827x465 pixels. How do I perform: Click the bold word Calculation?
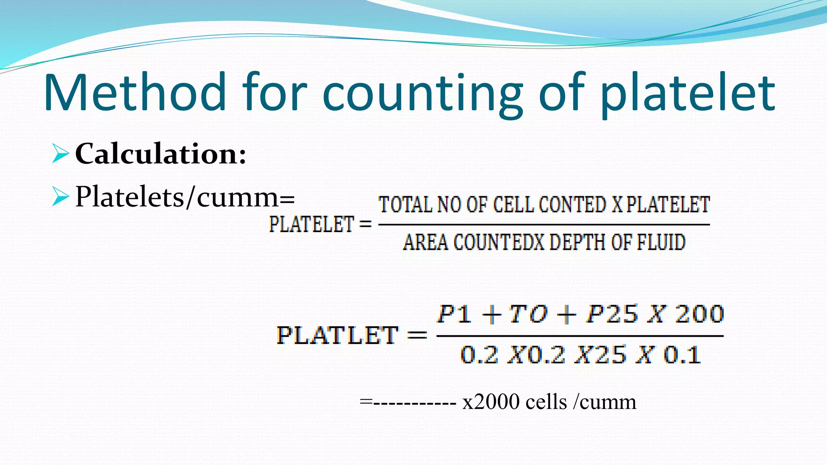tap(161, 154)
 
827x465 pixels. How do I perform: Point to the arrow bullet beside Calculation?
tap(60, 155)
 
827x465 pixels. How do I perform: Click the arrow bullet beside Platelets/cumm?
tap(60, 197)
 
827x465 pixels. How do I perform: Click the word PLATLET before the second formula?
tap(337, 335)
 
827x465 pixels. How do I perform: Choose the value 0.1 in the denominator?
tap(682, 355)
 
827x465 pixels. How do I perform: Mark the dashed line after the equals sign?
tap(414, 402)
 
